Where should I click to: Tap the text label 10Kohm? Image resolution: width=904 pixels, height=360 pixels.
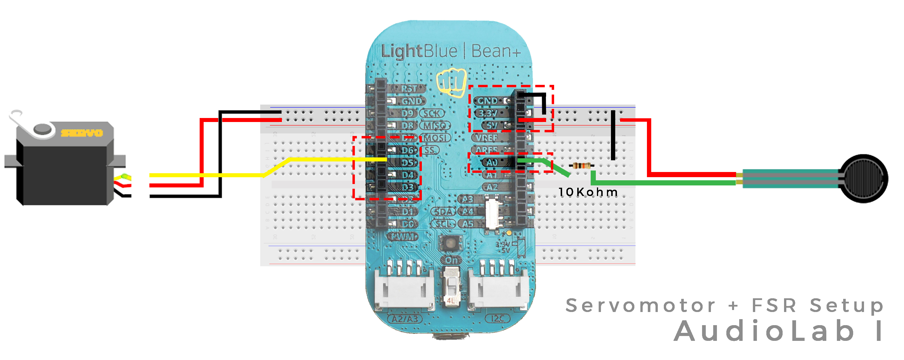tap(588, 192)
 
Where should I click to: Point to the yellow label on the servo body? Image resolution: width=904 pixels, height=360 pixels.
tap(82, 133)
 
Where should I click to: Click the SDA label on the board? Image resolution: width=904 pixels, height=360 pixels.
tap(444, 212)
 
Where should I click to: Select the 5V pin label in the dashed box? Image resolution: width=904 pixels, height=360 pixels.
tap(492, 125)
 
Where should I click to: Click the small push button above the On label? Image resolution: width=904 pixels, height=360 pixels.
tap(450, 243)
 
